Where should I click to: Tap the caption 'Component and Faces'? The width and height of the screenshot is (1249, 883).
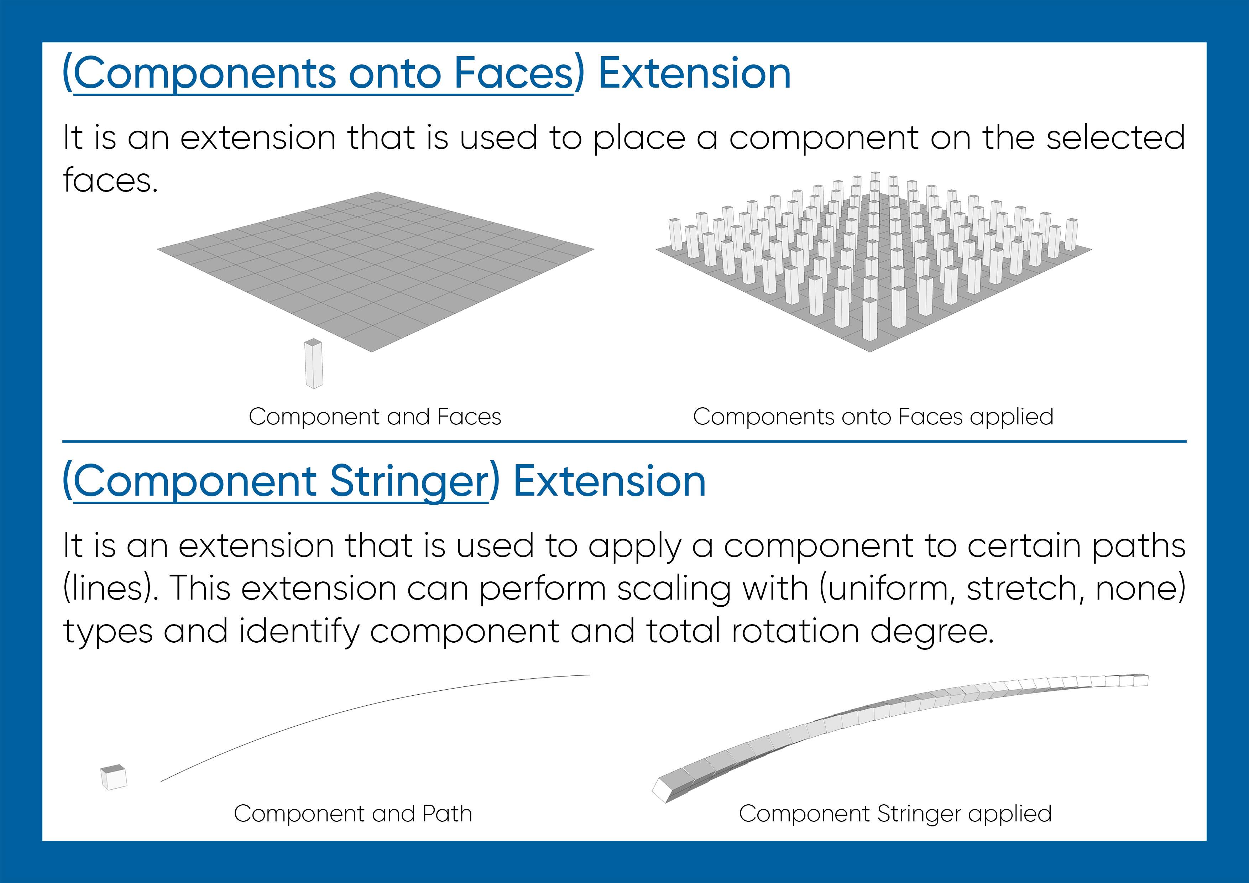pyautogui.click(x=375, y=417)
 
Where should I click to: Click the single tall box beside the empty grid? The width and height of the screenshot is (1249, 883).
pyautogui.click(x=314, y=364)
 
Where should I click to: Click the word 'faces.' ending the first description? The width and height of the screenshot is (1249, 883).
pyautogui.click(x=110, y=180)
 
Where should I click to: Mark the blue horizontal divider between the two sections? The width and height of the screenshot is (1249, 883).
pyautogui.click(x=624, y=441)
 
